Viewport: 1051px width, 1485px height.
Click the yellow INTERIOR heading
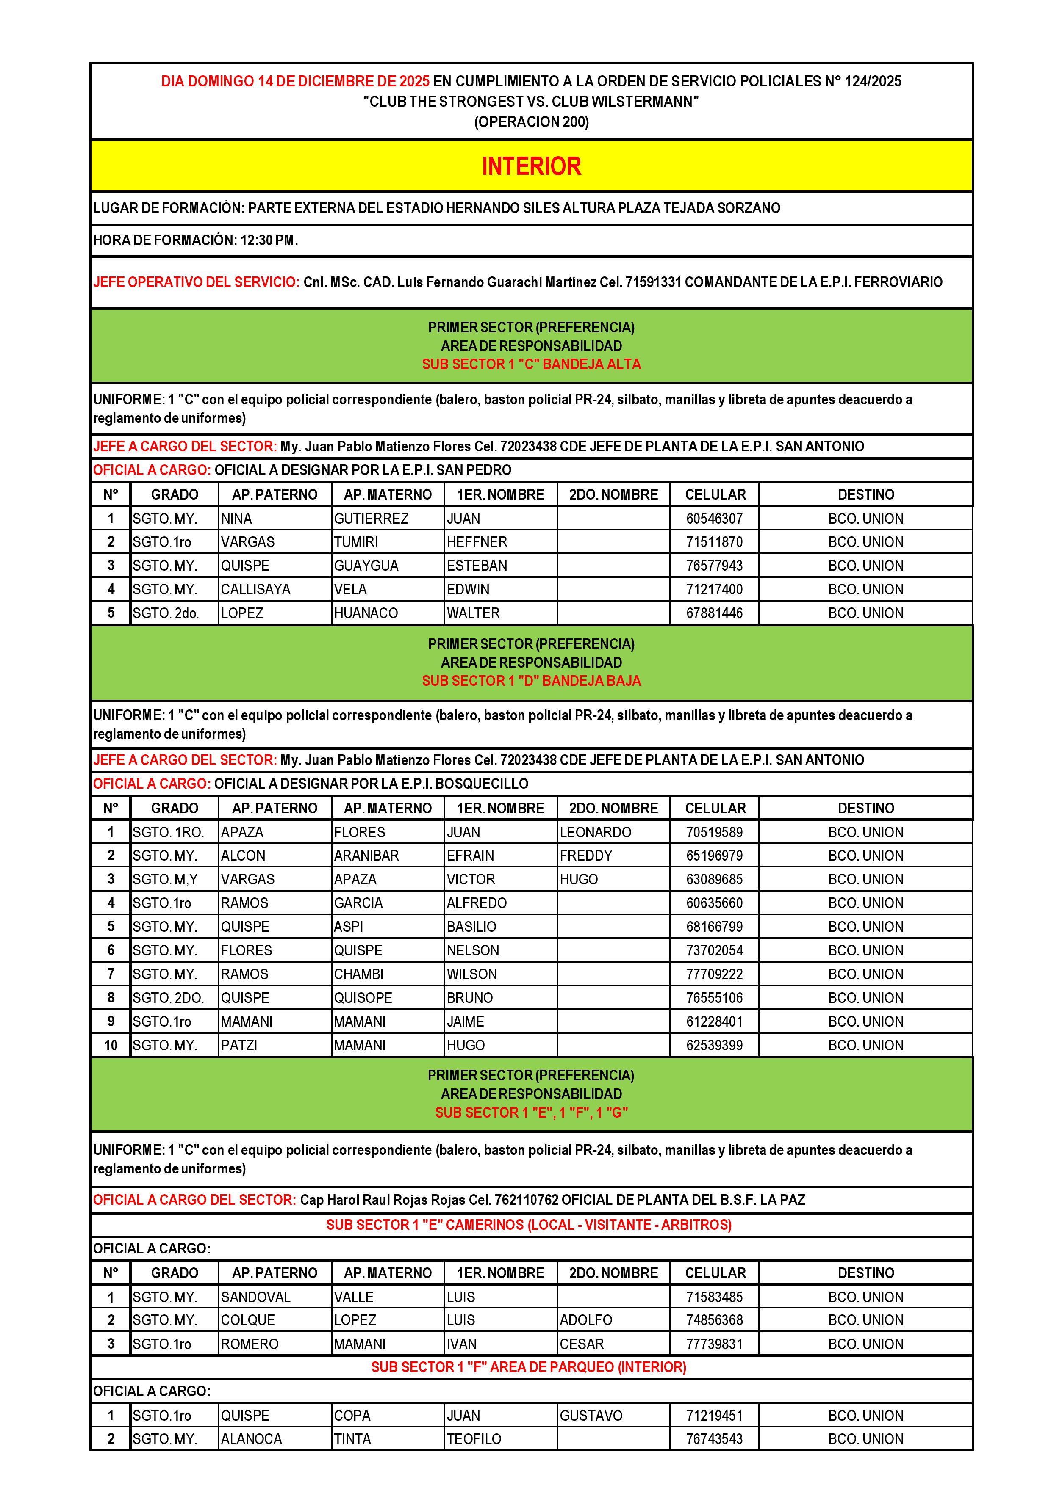coord(531,166)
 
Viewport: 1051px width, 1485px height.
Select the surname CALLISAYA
coord(255,589)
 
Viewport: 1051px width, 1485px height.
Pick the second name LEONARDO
coord(595,832)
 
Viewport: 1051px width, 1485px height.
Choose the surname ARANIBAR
coord(366,856)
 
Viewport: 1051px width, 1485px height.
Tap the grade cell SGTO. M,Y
coord(165,880)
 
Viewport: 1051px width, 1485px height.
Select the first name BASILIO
coord(471,927)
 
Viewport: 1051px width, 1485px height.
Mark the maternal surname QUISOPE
coord(363,998)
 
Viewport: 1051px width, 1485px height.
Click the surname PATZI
coord(239,1045)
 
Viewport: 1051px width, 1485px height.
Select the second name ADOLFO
coord(586,1320)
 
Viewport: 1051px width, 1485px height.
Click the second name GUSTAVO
coord(591,1416)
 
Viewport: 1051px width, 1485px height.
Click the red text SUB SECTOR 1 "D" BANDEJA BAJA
coord(531,681)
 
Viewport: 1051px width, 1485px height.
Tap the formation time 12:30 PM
coord(269,240)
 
